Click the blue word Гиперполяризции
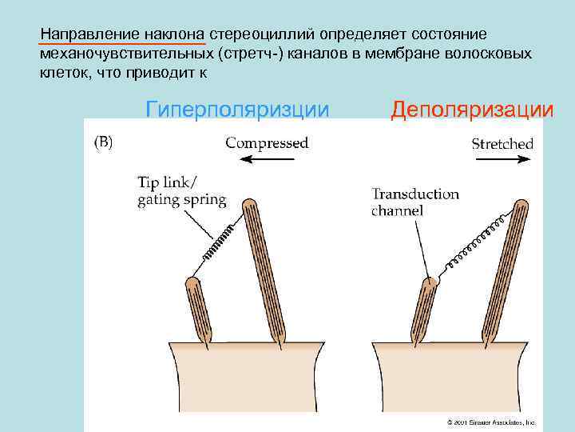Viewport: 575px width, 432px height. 237,109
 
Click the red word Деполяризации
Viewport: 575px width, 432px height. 471,109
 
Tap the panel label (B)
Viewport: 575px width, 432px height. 104,142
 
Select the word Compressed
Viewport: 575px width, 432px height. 267,143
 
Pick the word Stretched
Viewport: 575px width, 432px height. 502,144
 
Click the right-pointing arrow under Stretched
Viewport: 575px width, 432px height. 502,159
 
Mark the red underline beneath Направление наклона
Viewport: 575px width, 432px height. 123,44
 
